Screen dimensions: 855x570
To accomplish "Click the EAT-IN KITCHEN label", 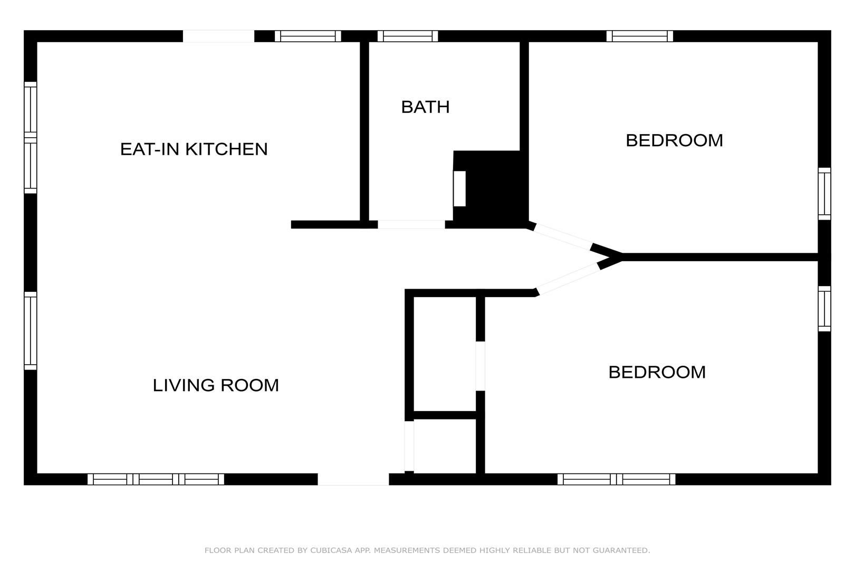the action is [x=194, y=149].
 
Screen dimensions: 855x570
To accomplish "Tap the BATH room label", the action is [x=425, y=107].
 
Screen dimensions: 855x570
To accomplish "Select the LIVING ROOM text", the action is [x=216, y=385].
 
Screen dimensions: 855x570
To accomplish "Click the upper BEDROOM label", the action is [x=675, y=140].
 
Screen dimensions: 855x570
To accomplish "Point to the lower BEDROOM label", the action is [x=657, y=372].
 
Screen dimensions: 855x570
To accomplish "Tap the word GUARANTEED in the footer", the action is [x=621, y=550].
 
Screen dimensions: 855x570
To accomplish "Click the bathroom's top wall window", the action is [x=408, y=36].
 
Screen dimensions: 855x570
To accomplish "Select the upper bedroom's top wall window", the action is [x=640, y=36].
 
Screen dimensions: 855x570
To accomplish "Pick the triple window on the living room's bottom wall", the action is [x=156, y=479].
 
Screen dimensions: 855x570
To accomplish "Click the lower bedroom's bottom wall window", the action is [x=617, y=479].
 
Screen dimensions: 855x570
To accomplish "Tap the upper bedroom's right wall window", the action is [x=824, y=194].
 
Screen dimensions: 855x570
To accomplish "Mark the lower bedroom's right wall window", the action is [x=824, y=309].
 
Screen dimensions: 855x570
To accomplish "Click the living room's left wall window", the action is [x=31, y=331].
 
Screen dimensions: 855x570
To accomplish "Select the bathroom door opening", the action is [x=411, y=225].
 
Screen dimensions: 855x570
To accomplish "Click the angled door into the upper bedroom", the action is [x=563, y=237].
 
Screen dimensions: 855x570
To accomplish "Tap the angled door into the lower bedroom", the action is [x=568, y=279].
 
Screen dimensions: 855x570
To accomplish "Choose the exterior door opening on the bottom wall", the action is [x=353, y=479].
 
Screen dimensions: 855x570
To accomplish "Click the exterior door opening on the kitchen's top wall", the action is [x=219, y=36].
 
